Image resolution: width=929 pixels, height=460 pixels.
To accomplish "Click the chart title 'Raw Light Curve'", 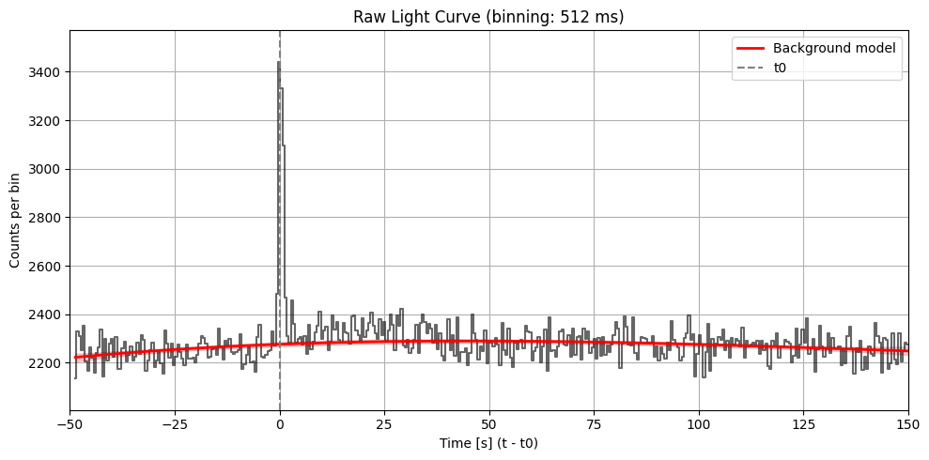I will tap(488, 16).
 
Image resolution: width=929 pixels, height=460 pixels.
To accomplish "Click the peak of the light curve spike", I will tap(279, 63).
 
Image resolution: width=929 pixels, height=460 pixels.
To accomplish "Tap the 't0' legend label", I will tap(780, 68).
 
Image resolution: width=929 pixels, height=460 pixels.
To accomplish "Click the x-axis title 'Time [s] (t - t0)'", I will tap(488, 442).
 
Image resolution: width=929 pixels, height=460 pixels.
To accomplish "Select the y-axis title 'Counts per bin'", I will tap(16, 221).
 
